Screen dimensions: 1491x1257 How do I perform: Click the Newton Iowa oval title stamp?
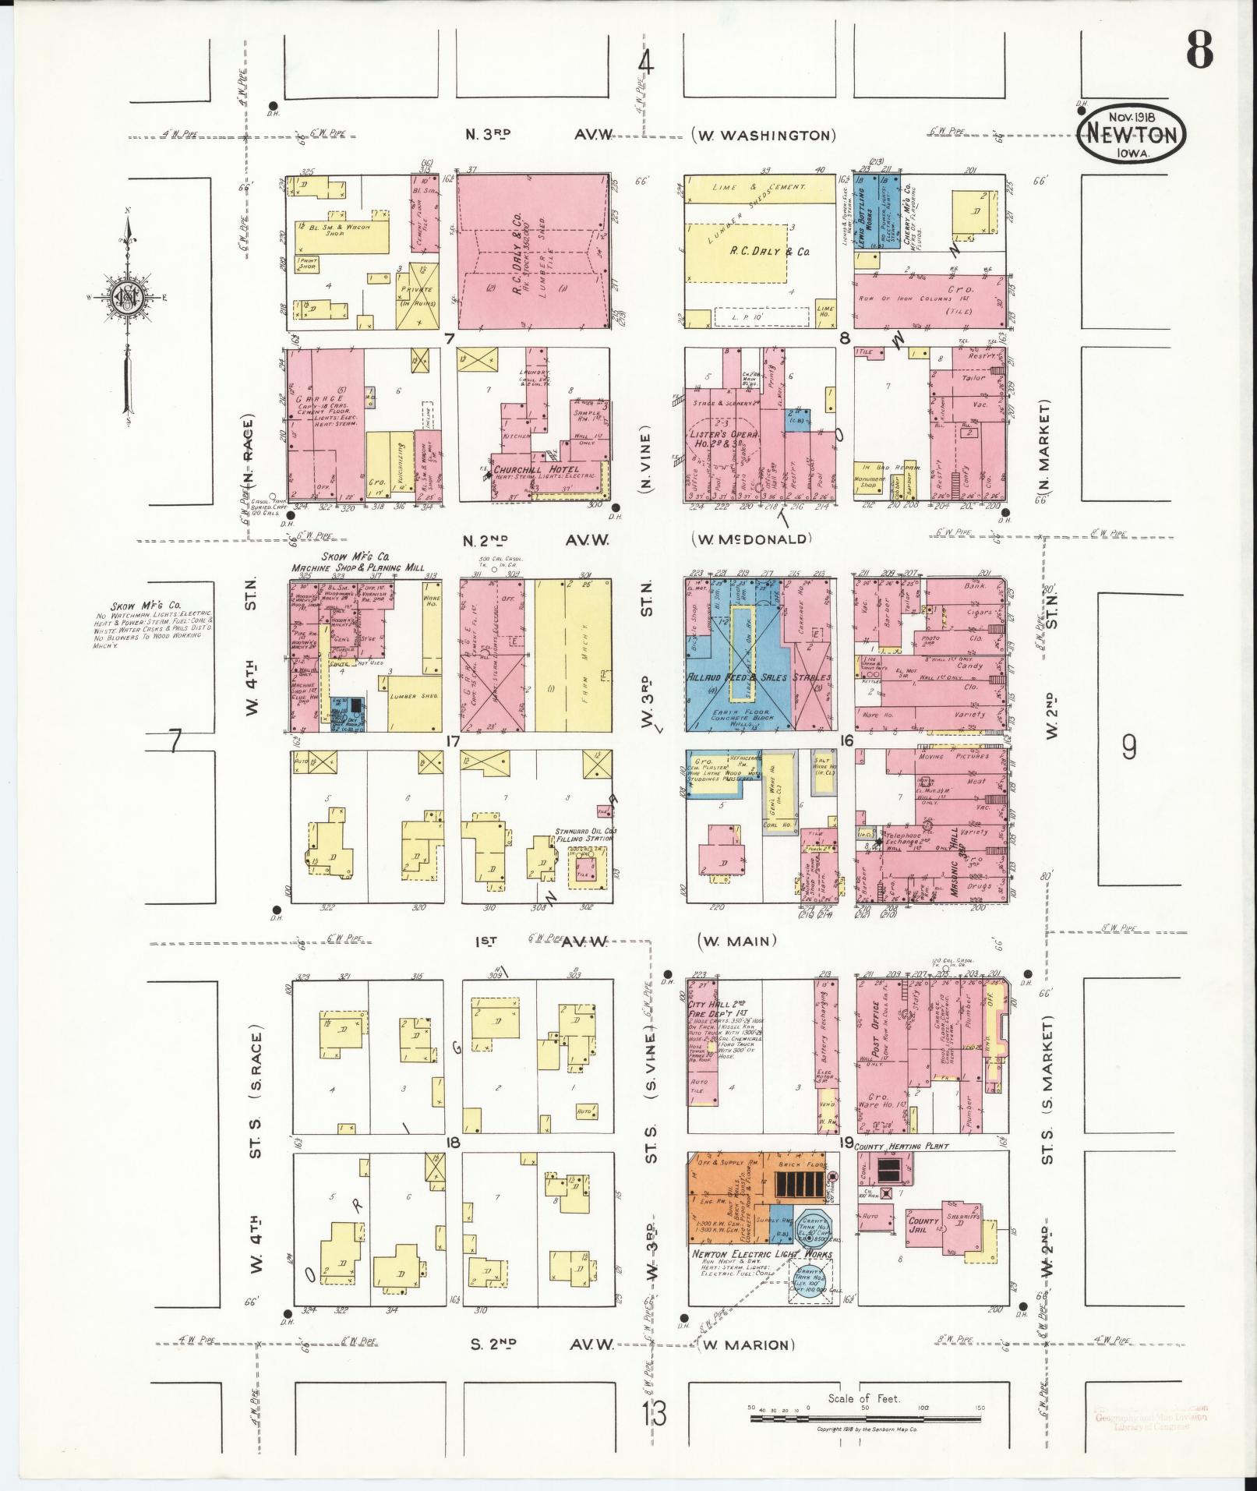point(1132,134)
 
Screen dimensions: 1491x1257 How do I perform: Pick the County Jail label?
point(923,1224)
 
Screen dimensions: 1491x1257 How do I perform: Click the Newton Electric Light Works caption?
point(761,1255)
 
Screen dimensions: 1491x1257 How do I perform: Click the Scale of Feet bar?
point(865,1419)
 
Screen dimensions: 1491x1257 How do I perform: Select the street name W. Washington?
point(763,136)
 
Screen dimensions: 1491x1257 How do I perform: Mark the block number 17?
point(452,740)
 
